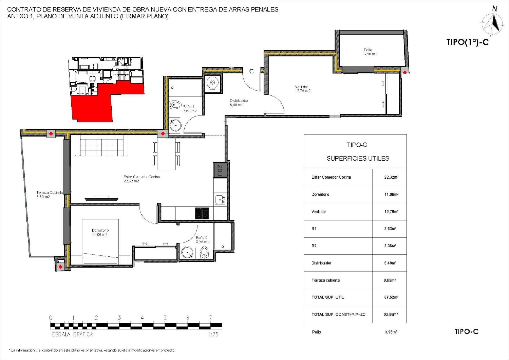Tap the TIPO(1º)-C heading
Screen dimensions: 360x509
point(467,42)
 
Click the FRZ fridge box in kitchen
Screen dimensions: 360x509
point(220,170)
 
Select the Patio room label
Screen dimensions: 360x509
point(370,52)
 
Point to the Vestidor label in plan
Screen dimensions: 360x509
point(302,89)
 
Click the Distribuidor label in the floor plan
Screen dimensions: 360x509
point(239,103)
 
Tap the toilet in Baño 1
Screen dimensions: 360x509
point(175,105)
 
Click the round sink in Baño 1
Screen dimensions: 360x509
point(176,125)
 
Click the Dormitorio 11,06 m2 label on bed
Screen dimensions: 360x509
point(100,232)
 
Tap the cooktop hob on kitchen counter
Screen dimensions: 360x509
point(202,213)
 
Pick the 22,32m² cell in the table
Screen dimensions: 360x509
point(391,177)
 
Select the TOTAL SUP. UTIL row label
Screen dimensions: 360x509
point(328,297)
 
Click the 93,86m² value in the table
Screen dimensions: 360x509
point(391,314)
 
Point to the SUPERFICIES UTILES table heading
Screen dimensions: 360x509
point(358,159)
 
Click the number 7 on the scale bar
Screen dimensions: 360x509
point(210,318)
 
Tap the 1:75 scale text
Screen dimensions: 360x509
point(213,335)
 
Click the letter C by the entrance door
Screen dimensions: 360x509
point(251,71)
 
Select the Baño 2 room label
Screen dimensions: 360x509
point(202,240)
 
